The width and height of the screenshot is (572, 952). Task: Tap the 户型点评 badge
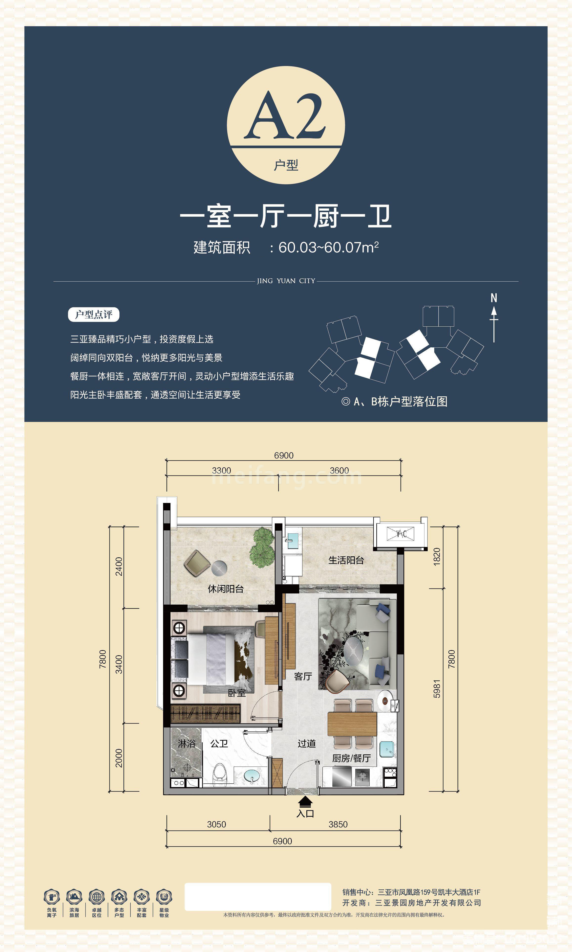[94, 314]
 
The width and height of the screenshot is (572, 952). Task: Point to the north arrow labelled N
[494, 318]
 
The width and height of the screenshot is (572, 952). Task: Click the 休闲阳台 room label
[226, 589]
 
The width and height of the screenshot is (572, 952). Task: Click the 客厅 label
[303, 676]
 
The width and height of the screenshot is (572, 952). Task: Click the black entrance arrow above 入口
[305, 802]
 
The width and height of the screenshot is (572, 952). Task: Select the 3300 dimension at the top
[221, 471]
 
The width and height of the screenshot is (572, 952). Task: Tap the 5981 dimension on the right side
[437, 689]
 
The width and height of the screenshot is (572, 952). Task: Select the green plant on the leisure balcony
[262, 547]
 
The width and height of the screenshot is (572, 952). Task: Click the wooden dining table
[352, 724]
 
